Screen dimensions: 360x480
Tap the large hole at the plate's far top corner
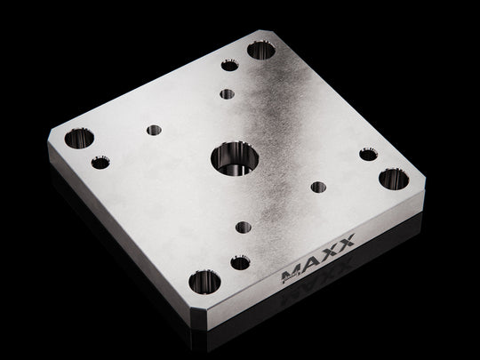coord(262,50)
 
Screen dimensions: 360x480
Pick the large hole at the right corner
coord(393,177)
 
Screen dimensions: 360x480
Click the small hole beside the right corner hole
coord(366,154)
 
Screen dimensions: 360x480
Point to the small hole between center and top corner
coord(228,93)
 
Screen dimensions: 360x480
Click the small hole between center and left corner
coord(154,131)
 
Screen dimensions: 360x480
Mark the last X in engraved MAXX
coord(346,241)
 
